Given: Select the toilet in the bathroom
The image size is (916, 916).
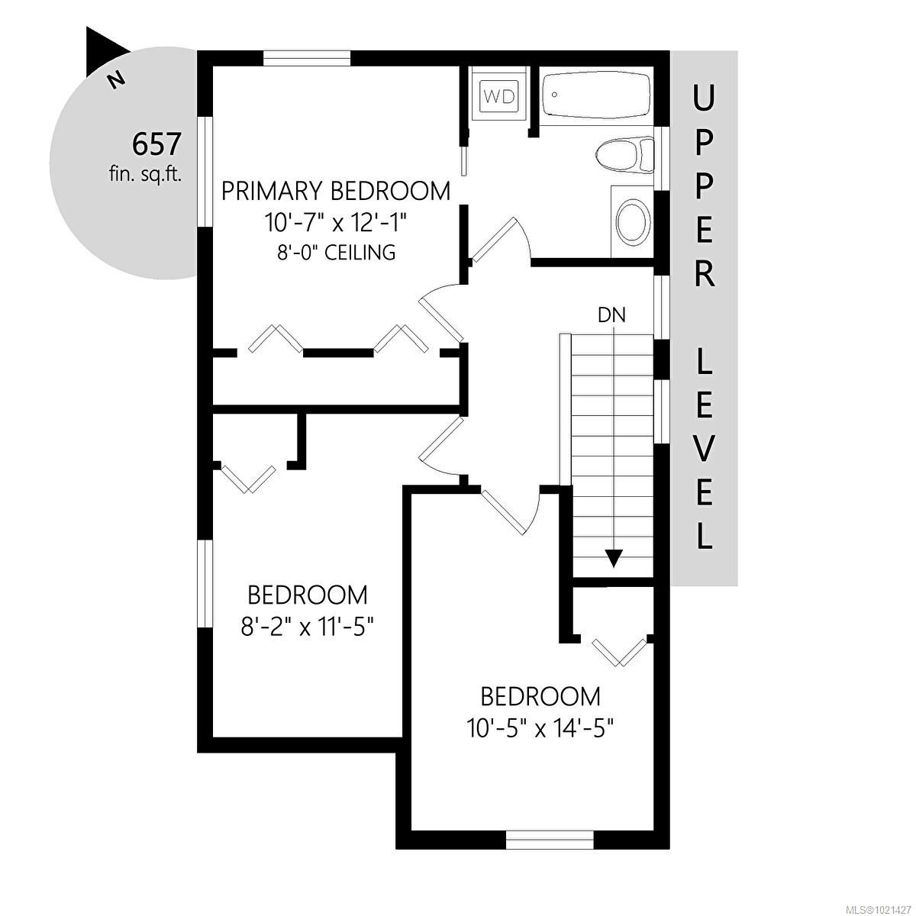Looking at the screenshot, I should [624, 155].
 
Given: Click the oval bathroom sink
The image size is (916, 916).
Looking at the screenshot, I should [632, 222].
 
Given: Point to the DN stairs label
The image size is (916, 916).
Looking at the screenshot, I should [611, 314].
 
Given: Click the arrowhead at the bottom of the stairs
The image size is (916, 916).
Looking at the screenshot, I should [612, 559].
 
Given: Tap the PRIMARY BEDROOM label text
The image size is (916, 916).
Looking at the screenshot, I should [336, 191].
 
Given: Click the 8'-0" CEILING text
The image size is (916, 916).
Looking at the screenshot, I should [336, 253].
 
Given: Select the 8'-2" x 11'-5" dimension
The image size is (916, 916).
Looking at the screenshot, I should [307, 627].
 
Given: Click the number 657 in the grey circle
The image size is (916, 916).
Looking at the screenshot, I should [156, 143].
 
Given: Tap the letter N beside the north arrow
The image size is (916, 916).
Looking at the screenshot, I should [115, 79].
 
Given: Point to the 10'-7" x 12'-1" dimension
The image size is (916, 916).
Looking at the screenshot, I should [336, 223].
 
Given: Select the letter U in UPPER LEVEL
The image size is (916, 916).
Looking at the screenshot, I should [705, 98].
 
